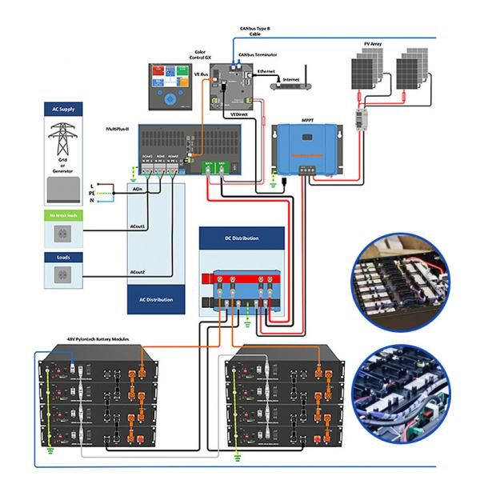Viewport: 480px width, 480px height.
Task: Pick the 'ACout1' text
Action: click(138, 229)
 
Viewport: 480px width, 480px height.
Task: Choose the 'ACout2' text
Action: click(138, 273)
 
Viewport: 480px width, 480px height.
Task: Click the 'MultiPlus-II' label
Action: click(118, 127)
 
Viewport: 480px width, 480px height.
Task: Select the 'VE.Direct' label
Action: click(238, 115)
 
